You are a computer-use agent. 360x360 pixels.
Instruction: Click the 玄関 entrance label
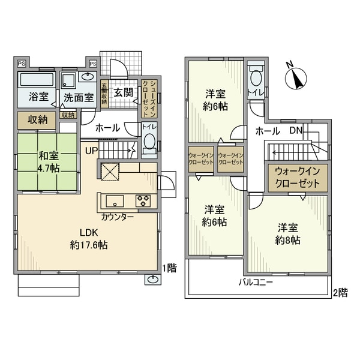[x=124, y=93]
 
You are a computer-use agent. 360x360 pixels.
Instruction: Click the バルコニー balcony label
[x=256, y=281]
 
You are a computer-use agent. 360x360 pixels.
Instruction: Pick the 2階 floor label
[x=340, y=293]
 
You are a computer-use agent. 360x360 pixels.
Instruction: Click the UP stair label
[x=91, y=150]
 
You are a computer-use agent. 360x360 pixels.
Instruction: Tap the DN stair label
[x=295, y=130]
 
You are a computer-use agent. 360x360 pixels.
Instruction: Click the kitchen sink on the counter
[x=115, y=200]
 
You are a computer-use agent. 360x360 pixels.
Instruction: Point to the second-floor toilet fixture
[x=256, y=78]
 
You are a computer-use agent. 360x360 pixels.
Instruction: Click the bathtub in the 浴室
[x=37, y=80]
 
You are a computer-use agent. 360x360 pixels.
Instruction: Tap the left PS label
[x=22, y=63]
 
